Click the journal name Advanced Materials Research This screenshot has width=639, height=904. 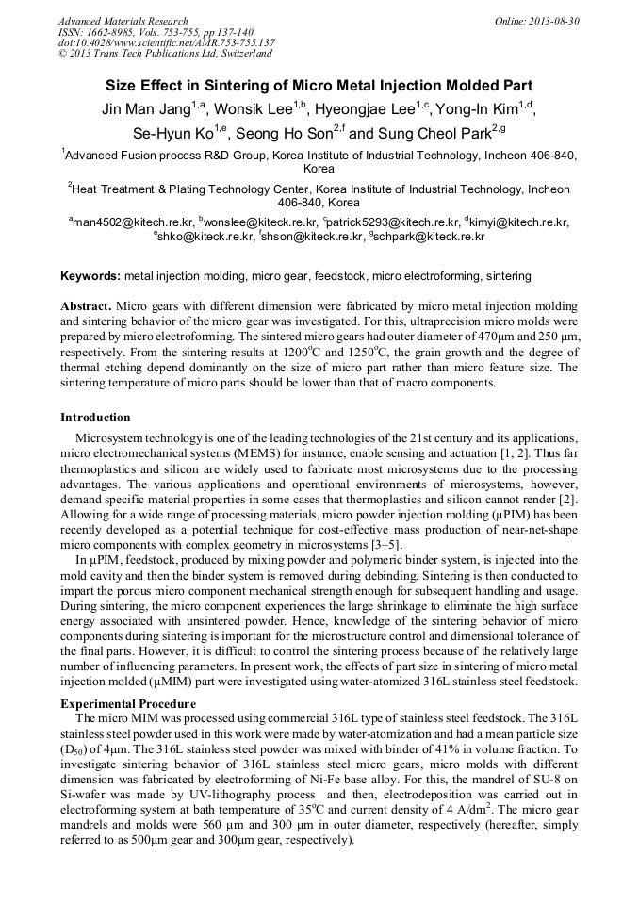123,21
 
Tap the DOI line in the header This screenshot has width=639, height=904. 166,42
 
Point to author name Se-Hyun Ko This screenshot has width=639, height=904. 168,134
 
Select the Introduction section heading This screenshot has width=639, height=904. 95,418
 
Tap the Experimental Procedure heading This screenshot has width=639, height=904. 127,703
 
